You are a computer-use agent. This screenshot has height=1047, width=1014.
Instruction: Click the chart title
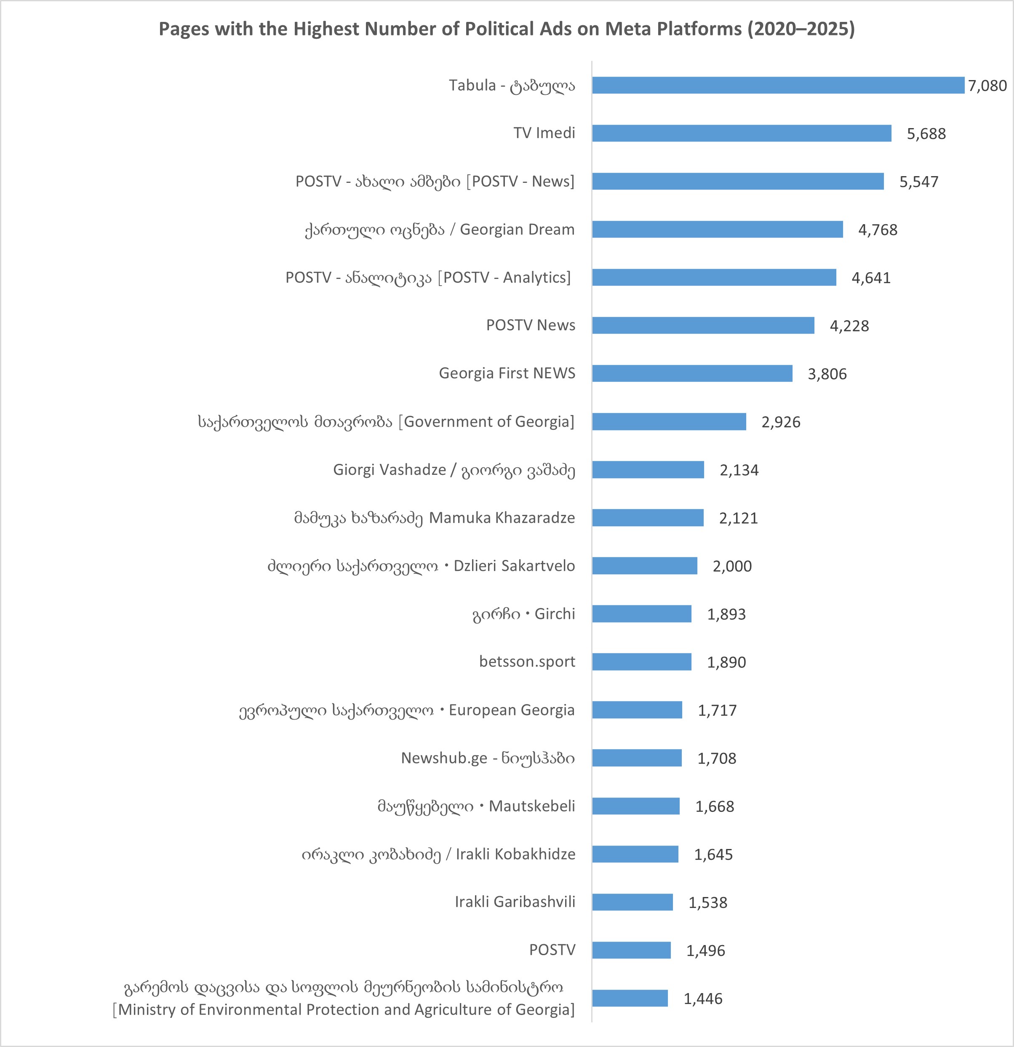pyautogui.click(x=506, y=29)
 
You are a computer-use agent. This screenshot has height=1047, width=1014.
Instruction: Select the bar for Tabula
pyautogui.click(x=778, y=86)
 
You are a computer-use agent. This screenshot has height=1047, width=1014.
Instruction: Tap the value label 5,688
pyautogui.click(x=926, y=134)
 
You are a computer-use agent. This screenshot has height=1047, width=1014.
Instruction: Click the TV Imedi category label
pyautogui.click(x=544, y=133)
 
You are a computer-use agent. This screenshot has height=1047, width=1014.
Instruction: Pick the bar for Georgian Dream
pyautogui.click(x=717, y=230)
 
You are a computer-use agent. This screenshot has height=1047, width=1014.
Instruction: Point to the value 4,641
pyautogui.click(x=871, y=278)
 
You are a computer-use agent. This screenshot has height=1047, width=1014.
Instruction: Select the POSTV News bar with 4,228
pyautogui.click(x=703, y=325)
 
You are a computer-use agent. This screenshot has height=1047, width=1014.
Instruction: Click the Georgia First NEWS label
pyautogui.click(x=507, y=373)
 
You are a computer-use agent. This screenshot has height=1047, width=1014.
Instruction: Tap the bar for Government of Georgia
pyautogui.click(x=669, y=421)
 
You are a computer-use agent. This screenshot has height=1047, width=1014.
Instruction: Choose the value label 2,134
pyautogui.click(x=739, y=470)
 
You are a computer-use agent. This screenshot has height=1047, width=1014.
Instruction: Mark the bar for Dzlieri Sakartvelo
pyautogui.click(x=645, y=566)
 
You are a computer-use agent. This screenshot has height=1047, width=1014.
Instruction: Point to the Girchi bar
pyautogui.click(x=641, y=614)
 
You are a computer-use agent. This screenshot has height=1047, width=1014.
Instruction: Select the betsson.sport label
pyautogui.click(x=527, y=662)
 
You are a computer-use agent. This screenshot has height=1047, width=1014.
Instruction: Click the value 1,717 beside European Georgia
pyautogui.click(x=717, y=710)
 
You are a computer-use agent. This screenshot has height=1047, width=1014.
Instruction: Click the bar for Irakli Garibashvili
pyautogui.click(x=632, y=902)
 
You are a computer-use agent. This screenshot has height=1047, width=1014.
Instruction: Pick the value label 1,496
pyautogui.click(x=705, y=951)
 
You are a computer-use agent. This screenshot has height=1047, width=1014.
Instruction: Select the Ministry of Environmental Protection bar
pyautogui.click(x=630, y=999)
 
